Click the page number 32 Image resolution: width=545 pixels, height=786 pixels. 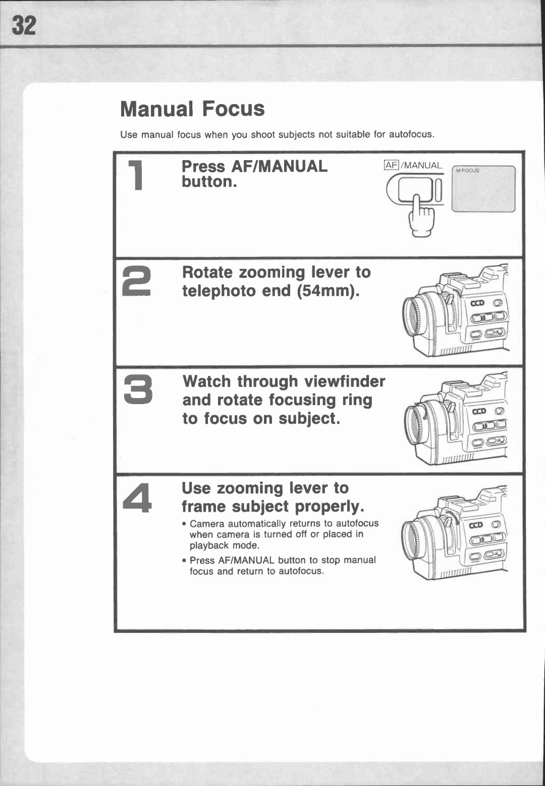click(x=24, y=26)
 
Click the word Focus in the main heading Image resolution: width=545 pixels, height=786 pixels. click(x=233, y=109)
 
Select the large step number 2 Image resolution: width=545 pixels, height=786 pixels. click(x=137, y=281)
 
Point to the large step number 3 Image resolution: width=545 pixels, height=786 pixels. click(x=138, y=390)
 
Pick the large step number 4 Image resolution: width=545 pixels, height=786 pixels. click(x=137, y=498)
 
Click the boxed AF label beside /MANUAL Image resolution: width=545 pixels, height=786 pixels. click(x=392, y=165)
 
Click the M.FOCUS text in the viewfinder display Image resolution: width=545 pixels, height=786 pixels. click(x=467, y=171)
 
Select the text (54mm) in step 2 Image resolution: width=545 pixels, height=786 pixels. click(x=329, y=291)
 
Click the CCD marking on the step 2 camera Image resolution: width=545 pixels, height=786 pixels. click(x=477, y=303)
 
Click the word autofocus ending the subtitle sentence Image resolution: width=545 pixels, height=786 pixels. click(x=411, y=134)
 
